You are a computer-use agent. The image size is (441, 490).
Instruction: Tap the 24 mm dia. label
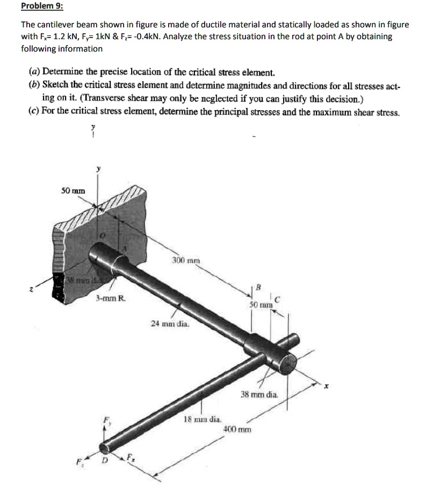click(169, 324)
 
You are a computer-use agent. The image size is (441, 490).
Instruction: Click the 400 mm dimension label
click(236, 430)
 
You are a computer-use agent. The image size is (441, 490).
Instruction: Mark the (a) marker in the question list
click(34, 71)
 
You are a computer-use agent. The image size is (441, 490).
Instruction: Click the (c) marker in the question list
click(34, 113)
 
